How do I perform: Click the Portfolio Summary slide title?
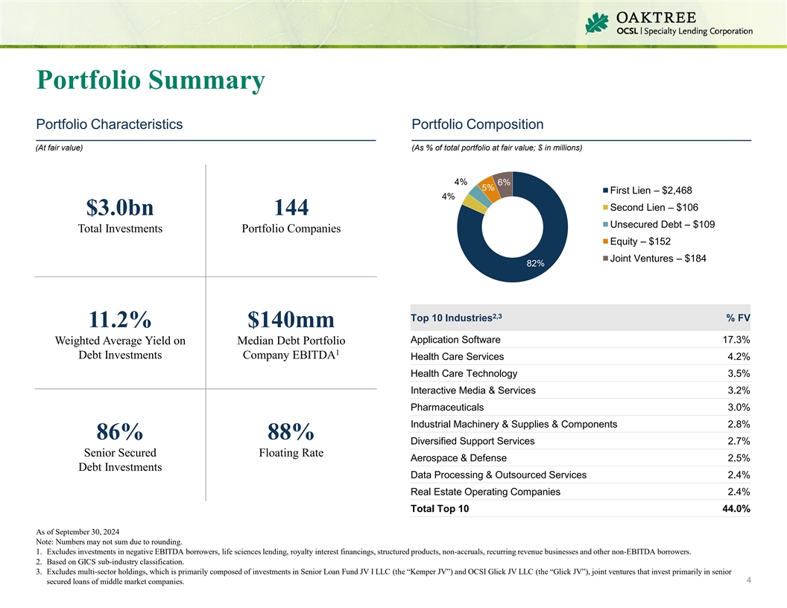151,80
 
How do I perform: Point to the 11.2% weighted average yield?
120,320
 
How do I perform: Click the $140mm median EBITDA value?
291,320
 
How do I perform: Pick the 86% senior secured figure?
120,431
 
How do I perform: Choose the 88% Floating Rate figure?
291,431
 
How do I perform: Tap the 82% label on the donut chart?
535,263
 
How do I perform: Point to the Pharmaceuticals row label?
446,407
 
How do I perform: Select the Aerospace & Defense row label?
458,457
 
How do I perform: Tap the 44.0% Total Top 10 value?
733,509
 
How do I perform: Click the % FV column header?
738,318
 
